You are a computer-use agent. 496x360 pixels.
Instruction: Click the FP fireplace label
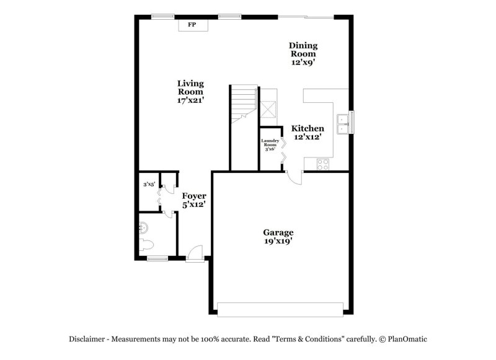pyautogui.click(x=192, y=24)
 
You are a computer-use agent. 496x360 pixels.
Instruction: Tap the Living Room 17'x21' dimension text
pyautogui.click(x=190, y=100)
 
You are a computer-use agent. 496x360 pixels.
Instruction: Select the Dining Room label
pyautogui.click(x=303, y=50)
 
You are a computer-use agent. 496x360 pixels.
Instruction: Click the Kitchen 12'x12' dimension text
pyautogui.click(x=308, y=137)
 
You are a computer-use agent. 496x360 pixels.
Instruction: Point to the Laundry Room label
pyautogui.click(x=270, y=143)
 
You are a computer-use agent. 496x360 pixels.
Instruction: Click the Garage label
pyautogui.click(x=278, y=233)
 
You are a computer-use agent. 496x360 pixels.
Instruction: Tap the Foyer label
pyautogui.click(x=194, y=196)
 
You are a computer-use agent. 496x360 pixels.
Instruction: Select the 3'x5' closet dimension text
pyautogui.click(x=149, y=184)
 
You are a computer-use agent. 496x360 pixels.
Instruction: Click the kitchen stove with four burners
pyautogui.click(x=323, y=164)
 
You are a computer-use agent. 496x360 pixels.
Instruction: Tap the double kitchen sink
pyautogui.click(x=343, y=124)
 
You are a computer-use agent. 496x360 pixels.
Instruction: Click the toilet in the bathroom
pyautogui.click(x=146, y=245)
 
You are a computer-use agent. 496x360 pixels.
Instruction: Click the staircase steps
pyautogui.click(x=244, y=103)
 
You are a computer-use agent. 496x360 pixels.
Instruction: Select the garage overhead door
pyautogui.click(x=280, y=310)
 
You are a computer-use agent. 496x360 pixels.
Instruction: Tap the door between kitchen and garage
pyautogui.click(x=295, y=178)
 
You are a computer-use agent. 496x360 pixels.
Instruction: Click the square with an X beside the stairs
pyautogui.click(x=268, y=109)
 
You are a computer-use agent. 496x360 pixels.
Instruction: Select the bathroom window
pyautogui.click(x=157, y=259)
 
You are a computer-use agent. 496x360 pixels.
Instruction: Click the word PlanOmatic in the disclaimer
pyautogui.click(x=407, y=339)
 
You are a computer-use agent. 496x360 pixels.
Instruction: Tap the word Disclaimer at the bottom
pyautogui.click(x=87, y=339)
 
